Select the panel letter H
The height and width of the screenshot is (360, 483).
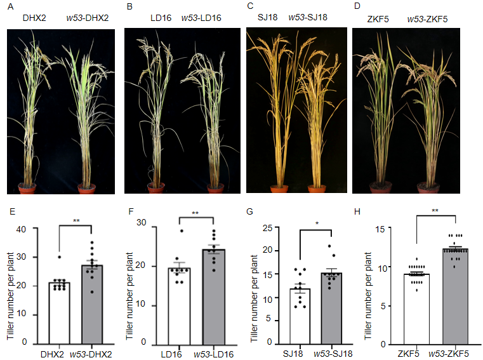point(358,212)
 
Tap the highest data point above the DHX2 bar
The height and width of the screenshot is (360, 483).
point(59,257)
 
